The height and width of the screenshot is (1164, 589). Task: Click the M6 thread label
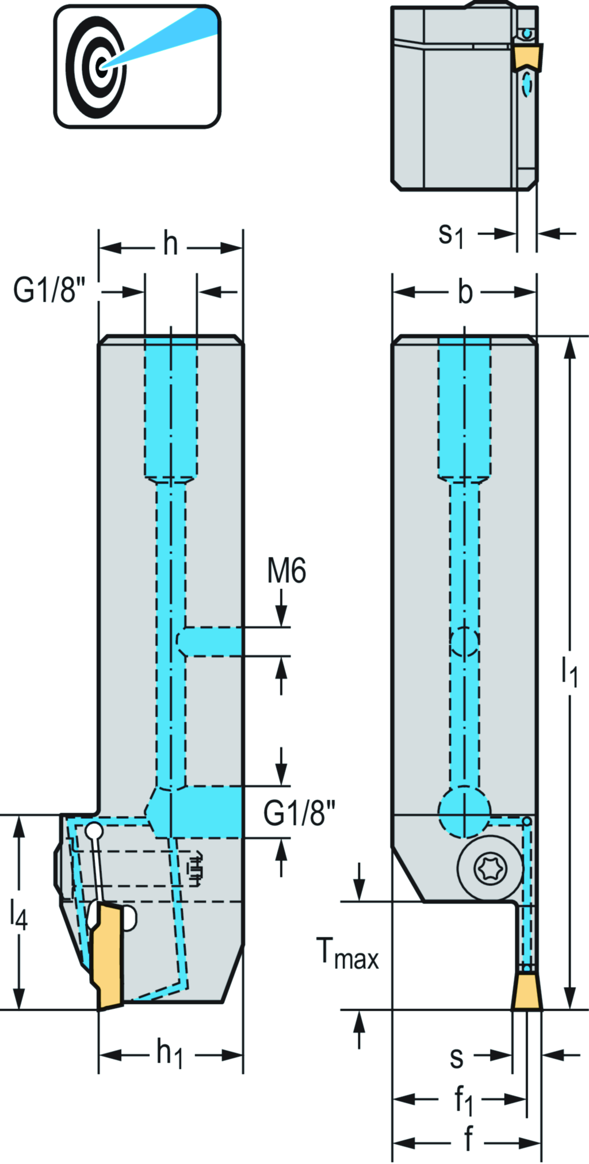(x=286, y=571)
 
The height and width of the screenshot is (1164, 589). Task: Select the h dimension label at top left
(x=170, y=244)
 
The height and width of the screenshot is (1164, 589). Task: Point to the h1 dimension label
(x=170, y=1054)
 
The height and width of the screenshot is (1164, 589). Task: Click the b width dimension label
(x=465, y=292)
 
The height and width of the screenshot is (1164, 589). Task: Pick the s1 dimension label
(x=451, y=235)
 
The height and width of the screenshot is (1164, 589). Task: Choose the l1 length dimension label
(x=569, y=670)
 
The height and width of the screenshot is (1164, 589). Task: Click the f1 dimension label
(x=463, y=1100)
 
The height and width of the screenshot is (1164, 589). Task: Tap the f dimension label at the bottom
(x=468, y=1139)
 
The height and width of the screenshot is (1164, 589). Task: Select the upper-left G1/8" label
(x=49, y=290)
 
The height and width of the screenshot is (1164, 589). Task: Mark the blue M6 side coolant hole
(x=211, y=641)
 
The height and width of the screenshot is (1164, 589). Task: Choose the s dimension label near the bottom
(x=456, y=1057)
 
